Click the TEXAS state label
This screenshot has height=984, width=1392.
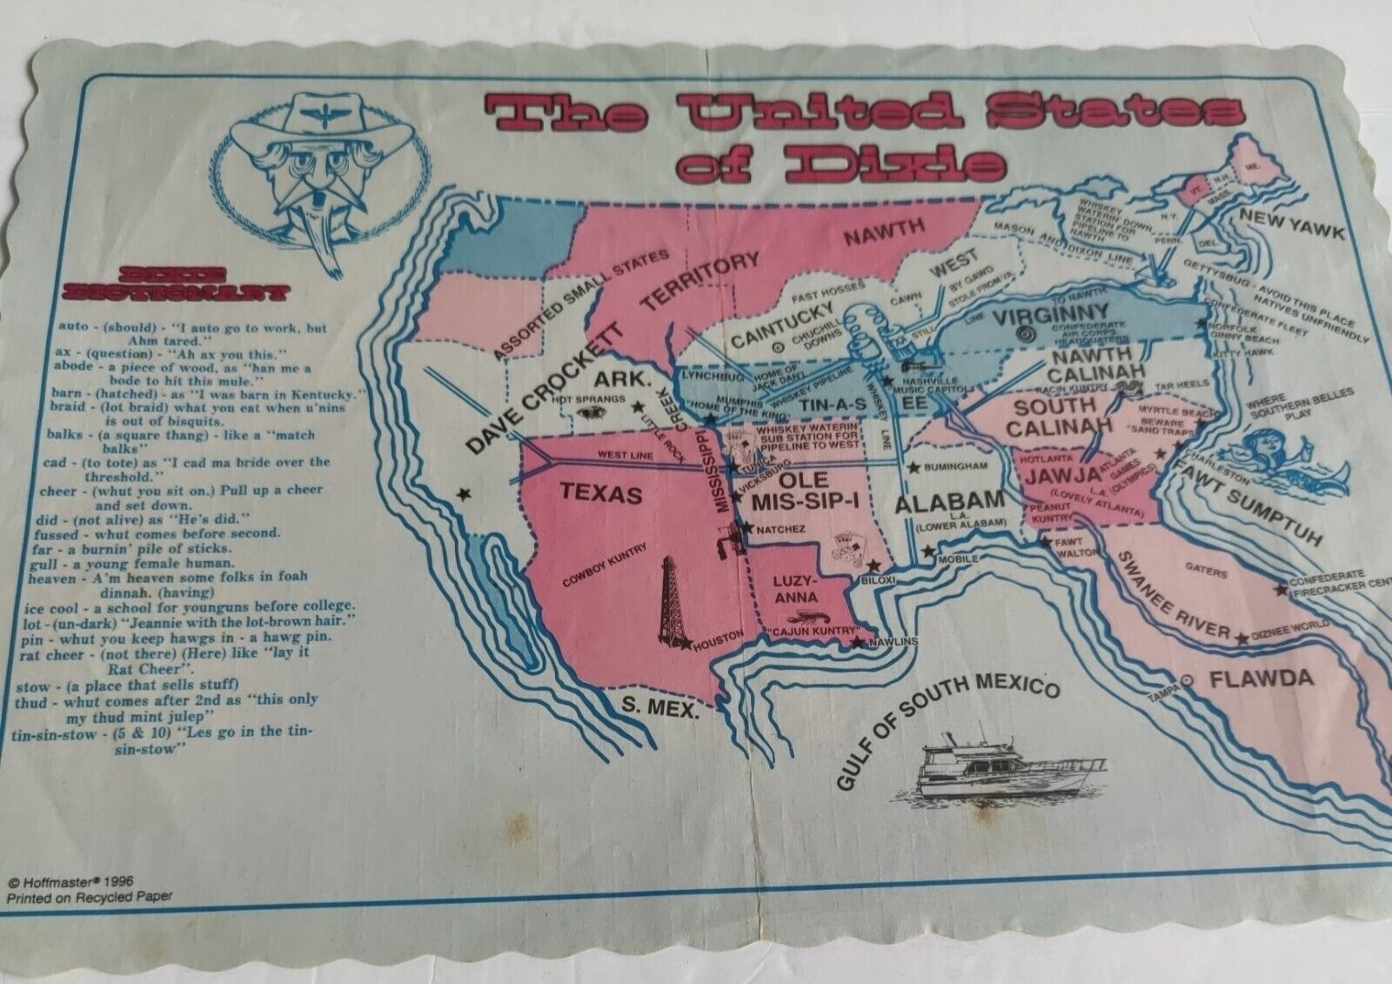click(x=601, y=493)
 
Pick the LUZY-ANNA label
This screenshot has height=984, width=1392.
click(x=795, y=589)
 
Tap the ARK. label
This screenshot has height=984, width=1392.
click(x=621, y=379)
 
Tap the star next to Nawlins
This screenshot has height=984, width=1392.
click(x=858, y=643)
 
